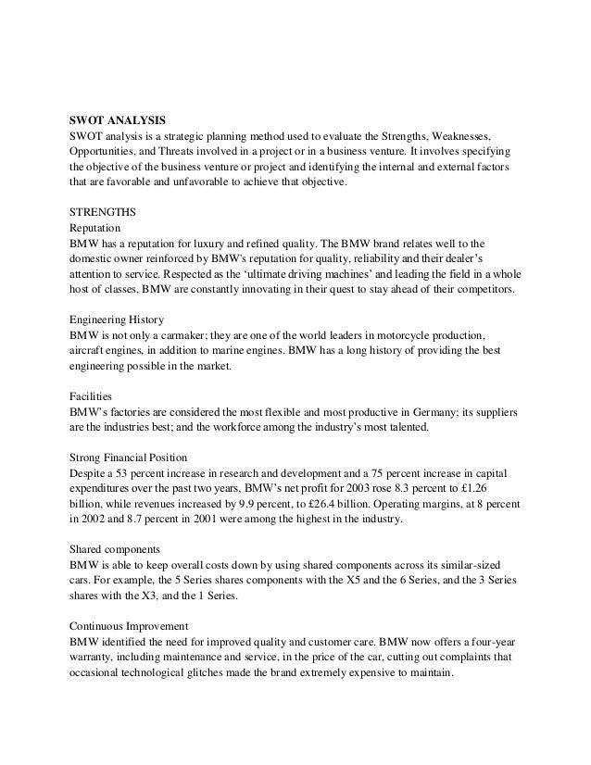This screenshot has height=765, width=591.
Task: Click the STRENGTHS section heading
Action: click(103, 209)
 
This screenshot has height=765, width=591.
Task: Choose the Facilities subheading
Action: click(92, 392)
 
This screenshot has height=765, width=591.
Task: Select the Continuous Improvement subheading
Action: click(135, 621)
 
